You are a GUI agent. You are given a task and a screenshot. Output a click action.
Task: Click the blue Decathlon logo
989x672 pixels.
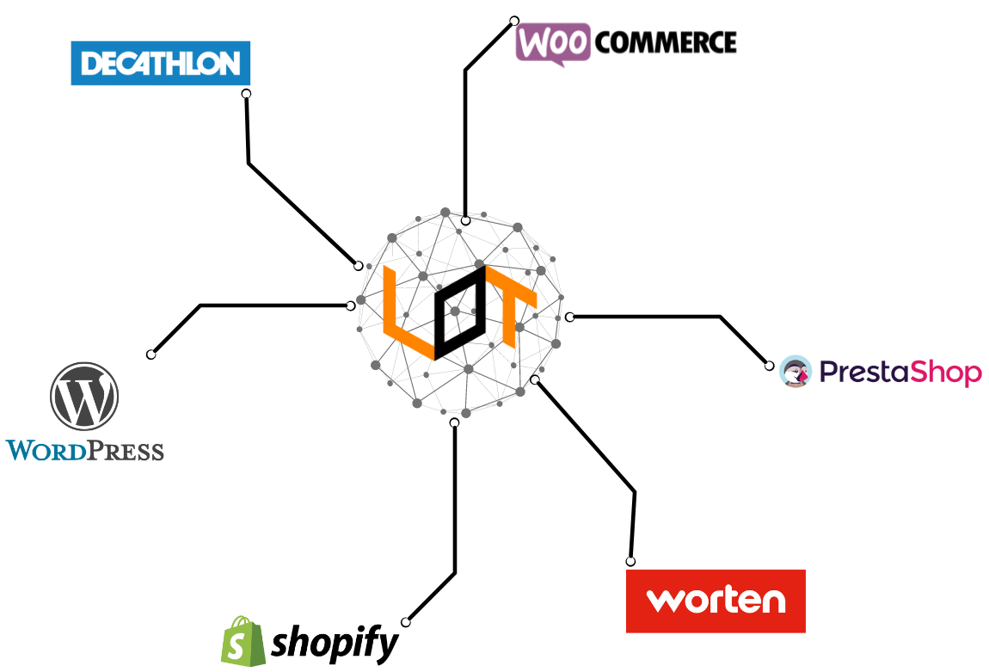click(x=160, y=63)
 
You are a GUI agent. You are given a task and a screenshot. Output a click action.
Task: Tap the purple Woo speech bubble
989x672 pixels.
click(x=553, y=43)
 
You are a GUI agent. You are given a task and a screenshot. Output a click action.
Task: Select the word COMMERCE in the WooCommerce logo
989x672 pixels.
click(x=666, y=42)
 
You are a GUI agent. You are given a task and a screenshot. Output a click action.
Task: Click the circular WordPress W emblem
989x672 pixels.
click(x=84, y=396)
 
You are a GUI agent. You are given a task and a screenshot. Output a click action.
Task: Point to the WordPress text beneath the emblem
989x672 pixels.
click(x=84, y=450)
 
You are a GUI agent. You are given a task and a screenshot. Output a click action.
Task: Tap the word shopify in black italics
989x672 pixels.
click(x=335, y=643)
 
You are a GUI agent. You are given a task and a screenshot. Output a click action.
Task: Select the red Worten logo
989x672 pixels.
click(x=716, y=601)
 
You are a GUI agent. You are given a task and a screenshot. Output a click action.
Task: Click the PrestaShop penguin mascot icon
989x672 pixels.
click(x=795, y=372)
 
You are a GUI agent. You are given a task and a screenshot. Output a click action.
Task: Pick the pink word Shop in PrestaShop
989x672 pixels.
click(x=945, y=373)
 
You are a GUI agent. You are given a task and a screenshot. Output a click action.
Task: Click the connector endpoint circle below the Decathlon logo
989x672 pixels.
click(x=246, y=94)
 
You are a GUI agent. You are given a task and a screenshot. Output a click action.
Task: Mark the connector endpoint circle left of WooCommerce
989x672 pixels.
click(x=514, y=21)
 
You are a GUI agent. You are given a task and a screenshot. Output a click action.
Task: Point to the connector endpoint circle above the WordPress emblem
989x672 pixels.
click(x=151, y=354)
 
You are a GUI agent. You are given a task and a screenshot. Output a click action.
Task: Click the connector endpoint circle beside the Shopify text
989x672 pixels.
click(x=406, y=621)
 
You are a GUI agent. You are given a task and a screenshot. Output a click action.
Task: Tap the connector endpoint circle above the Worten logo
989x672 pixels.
click(x=630, y=562)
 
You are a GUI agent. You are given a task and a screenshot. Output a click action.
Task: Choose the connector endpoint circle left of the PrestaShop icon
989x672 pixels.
click(x=770, y=366)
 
